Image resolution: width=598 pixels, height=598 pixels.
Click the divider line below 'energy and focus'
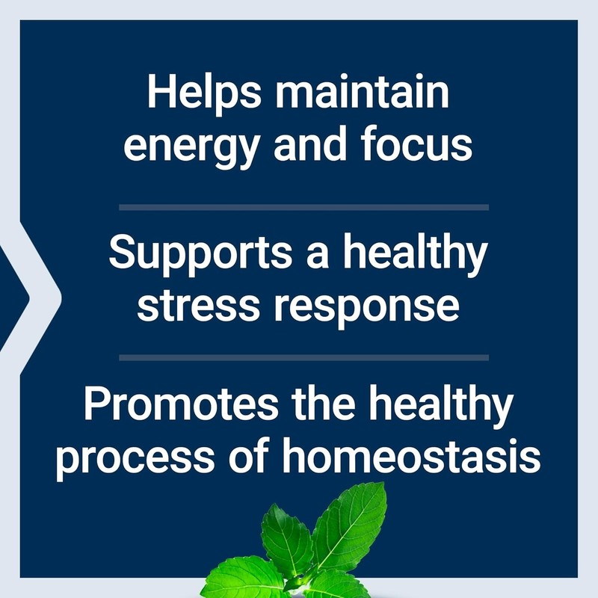(x=303, y=207)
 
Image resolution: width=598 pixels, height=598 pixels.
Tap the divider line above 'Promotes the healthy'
(x=303, y=357)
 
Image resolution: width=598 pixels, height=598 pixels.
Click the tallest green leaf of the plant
(x=353, y=523)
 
